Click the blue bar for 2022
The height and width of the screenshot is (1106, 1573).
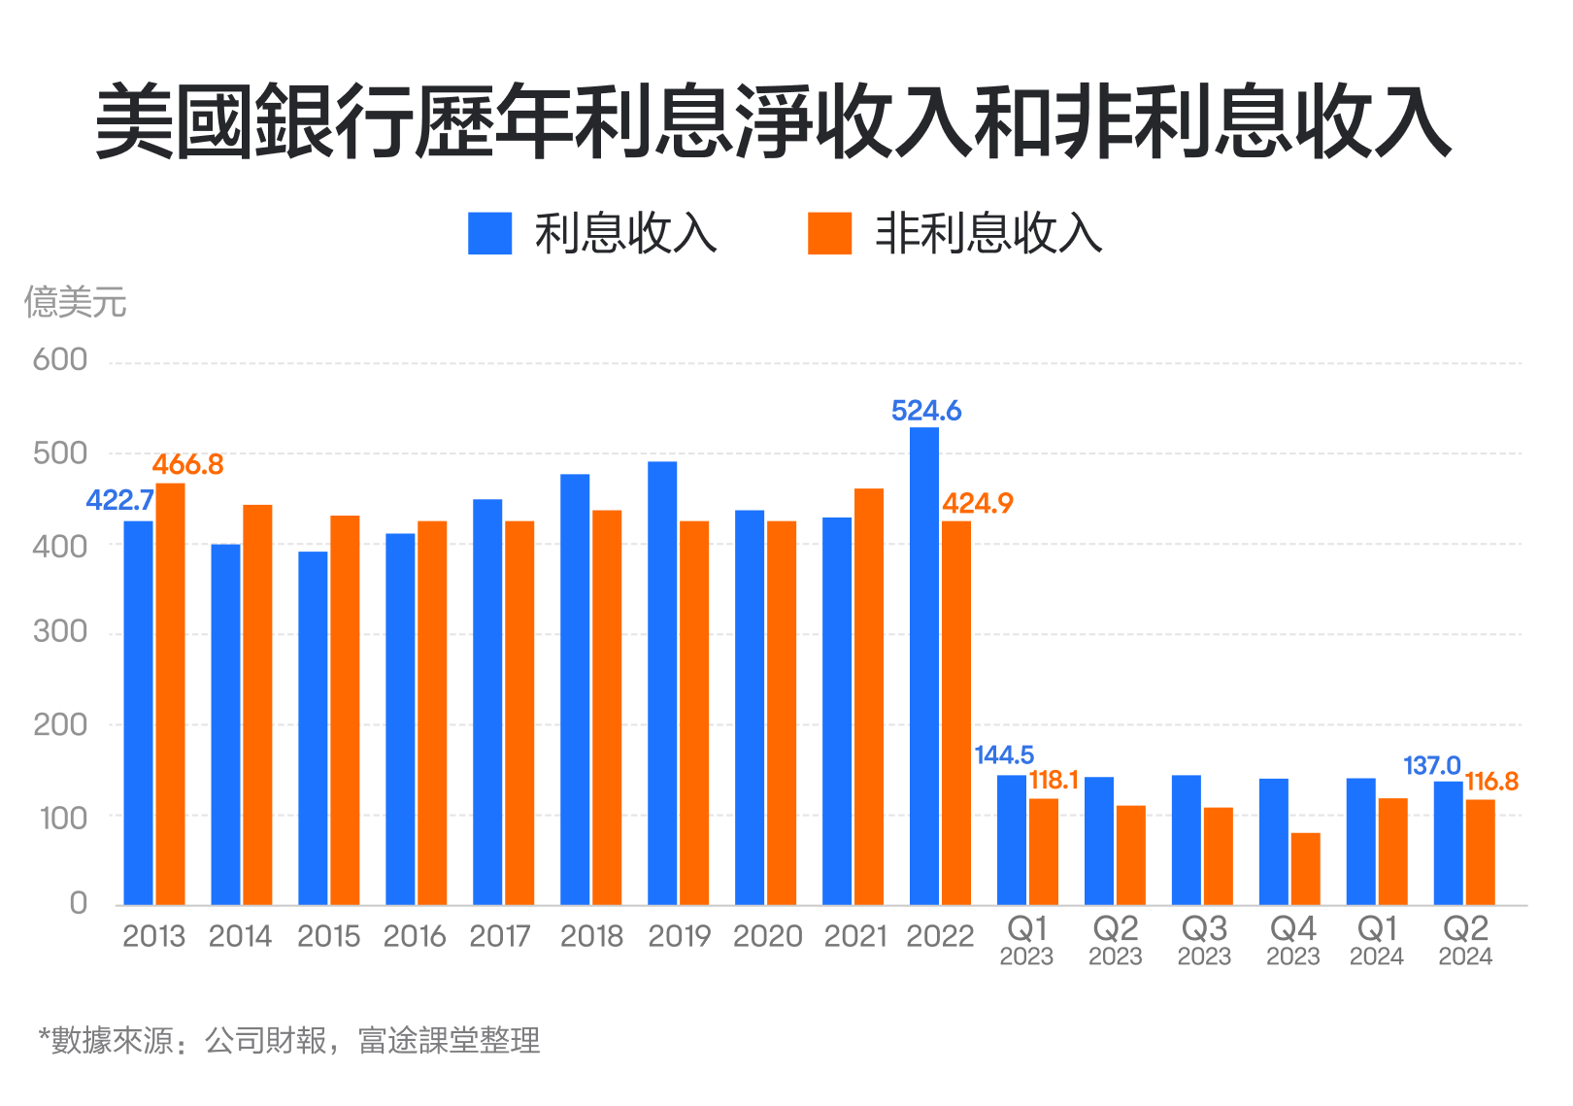click(924, 666)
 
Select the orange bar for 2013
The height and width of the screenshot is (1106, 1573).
click(170, 693)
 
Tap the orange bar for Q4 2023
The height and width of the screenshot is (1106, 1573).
click(1305, 868)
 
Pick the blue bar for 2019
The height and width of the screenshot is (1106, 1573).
click(662, 683)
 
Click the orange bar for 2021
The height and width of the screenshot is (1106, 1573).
click(869, 696)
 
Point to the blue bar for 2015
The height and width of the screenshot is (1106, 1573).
click(313, 728)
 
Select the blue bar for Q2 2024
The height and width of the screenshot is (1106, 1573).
click(1448, 843)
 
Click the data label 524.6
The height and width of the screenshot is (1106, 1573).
click(926, 411)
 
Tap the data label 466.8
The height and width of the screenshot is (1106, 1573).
click(187, 465)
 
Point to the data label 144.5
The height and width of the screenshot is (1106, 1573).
click(1004, 754)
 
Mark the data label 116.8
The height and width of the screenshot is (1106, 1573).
click(1491, 782)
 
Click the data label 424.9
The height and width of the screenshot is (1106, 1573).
click(978, 503)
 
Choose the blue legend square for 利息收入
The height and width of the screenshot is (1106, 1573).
click(489, 234)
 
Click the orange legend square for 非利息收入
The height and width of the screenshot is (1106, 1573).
click(829, 234)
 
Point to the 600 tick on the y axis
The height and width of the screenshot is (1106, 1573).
click(60, 360)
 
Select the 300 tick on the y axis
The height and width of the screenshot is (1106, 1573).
click(60, 632)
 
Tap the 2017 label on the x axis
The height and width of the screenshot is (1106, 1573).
click(500, 936)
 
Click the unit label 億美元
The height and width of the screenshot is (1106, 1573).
click(75, 303)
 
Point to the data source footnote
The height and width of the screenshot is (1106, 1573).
click(288, 1041)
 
